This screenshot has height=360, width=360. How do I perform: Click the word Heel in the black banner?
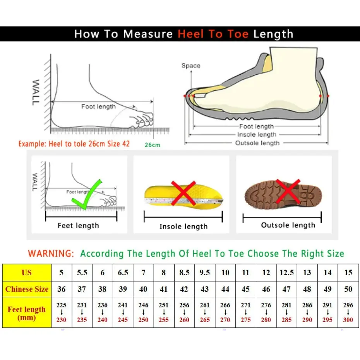(x=191, y=34)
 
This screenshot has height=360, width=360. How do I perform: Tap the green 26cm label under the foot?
(x=153, y=145)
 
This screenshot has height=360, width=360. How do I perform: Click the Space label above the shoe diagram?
(x=191, y=66)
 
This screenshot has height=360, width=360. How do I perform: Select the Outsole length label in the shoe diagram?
(x=257, y=143)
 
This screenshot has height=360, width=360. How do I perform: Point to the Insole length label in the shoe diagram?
(x=257, y=134)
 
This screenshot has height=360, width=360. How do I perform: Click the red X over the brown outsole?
(x=287, y=191)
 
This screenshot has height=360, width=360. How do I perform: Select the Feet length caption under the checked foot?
(x=78, y=226)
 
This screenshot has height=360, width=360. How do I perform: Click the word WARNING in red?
(x=51, y=254)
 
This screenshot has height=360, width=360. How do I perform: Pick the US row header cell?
(x=27, y=273)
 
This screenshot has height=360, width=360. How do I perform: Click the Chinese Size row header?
(x=27, y=289)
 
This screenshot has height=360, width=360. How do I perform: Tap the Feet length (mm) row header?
(x=27, y=313)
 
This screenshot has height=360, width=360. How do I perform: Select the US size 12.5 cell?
(x=286, y=273)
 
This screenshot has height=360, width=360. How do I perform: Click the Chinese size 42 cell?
(x=184, y=289)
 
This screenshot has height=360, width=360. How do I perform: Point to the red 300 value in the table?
(x=348, y=320)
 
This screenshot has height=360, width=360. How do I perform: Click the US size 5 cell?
(x=62, y=273)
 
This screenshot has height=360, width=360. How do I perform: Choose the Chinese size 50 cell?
(x=348, y=289)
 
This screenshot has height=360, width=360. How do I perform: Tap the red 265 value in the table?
(x=205, y=320)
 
